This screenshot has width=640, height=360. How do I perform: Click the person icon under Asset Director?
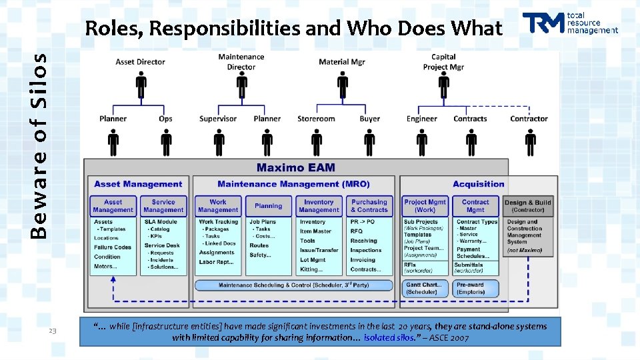(x=141, y=85)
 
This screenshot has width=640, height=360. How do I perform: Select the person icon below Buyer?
(x=370, y=142)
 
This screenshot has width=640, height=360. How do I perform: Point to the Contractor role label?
(x=529, y=119)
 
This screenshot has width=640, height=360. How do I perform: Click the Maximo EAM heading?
(x=296, y=167)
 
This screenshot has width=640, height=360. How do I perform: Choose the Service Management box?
(x=163, y=205)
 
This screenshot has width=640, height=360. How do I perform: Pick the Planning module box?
(x=269, y=206)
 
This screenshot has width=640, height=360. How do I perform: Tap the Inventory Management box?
(x=319, y=206)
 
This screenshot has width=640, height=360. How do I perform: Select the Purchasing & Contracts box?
(x=369, y=206)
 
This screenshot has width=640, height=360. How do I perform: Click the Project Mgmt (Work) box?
(x=425, y=206)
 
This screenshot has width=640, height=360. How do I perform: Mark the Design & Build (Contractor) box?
(x=528, y=206)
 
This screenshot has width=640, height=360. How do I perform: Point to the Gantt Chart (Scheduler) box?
(x=422, y=288)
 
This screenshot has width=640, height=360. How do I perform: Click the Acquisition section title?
(x=478, y=184)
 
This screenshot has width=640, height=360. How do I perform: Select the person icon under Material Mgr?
(x=342, y=85)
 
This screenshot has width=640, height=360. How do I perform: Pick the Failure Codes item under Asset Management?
(x=113, y=247)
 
